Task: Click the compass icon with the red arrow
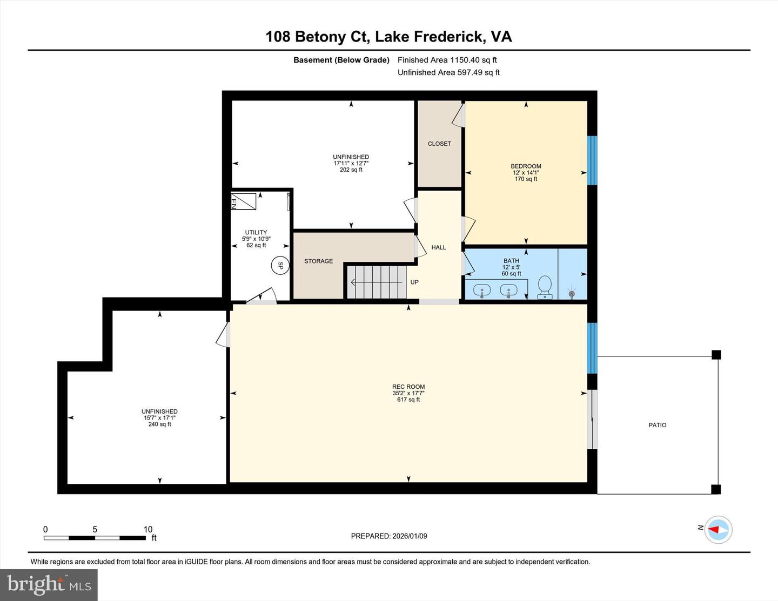(x=718, y=529)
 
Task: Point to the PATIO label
(x=657, y=425)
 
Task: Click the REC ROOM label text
(x=408, y=387)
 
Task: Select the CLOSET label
(x=439, y=144)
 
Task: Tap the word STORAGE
(x=318, y=261)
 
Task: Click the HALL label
(x=439, y=247)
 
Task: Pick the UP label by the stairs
(x=414, y=282)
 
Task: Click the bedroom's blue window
(x=592, y=160)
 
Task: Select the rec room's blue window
(x=592, y=348)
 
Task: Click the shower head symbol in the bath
(x=572, y=294)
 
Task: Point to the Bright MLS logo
(x=49, y=585)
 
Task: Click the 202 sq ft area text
(x=351, y=170)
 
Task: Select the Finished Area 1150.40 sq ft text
(x=447, y=60)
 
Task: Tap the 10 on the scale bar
(x=148, y=529)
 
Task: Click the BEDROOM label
(x=526, y=166)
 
